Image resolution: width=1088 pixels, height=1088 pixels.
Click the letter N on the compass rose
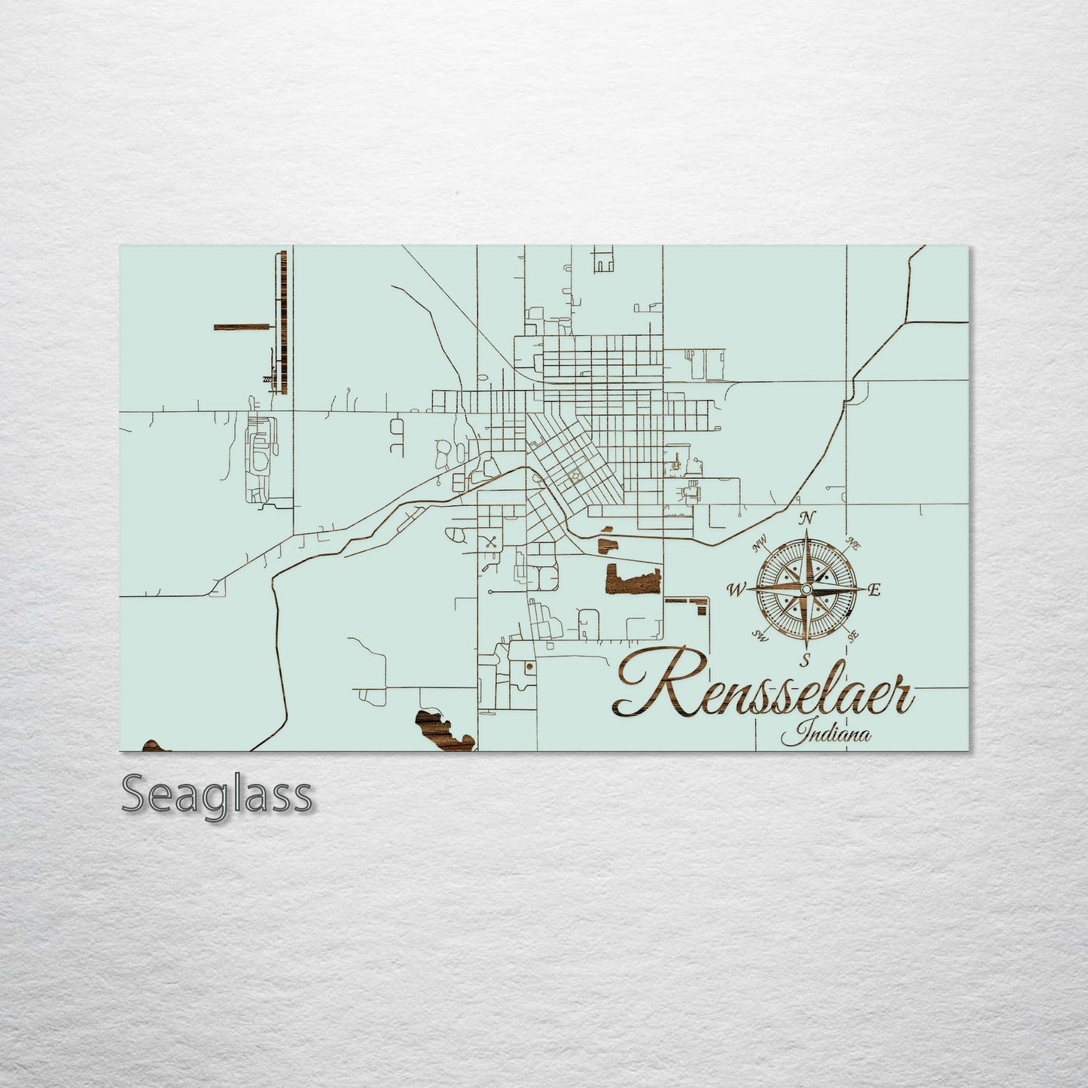808,517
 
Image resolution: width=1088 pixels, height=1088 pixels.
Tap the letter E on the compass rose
874,590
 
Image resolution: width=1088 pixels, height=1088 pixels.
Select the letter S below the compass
805,662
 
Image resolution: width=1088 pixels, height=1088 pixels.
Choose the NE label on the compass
854,542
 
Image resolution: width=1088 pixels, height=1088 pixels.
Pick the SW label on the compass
760,636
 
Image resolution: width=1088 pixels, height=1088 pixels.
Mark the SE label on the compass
853,636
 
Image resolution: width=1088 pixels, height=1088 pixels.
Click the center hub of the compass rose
806,589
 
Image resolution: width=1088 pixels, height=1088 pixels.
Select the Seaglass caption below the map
217,794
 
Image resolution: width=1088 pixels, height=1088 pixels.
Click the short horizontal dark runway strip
242,327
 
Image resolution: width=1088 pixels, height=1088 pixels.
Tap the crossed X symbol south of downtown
491,540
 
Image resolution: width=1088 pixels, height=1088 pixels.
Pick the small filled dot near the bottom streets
529,667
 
